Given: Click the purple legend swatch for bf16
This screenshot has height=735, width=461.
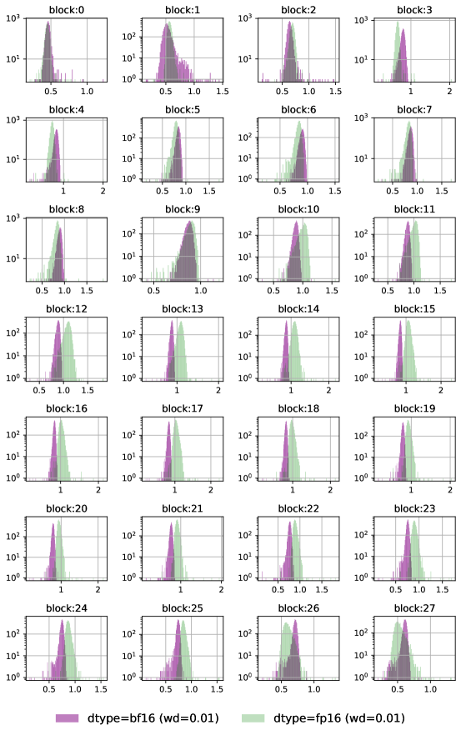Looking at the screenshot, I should click(73, 717).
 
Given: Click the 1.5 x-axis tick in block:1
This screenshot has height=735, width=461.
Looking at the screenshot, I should click(223, 92).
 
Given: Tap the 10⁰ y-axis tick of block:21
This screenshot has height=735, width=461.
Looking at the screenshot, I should click(131, 577).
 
